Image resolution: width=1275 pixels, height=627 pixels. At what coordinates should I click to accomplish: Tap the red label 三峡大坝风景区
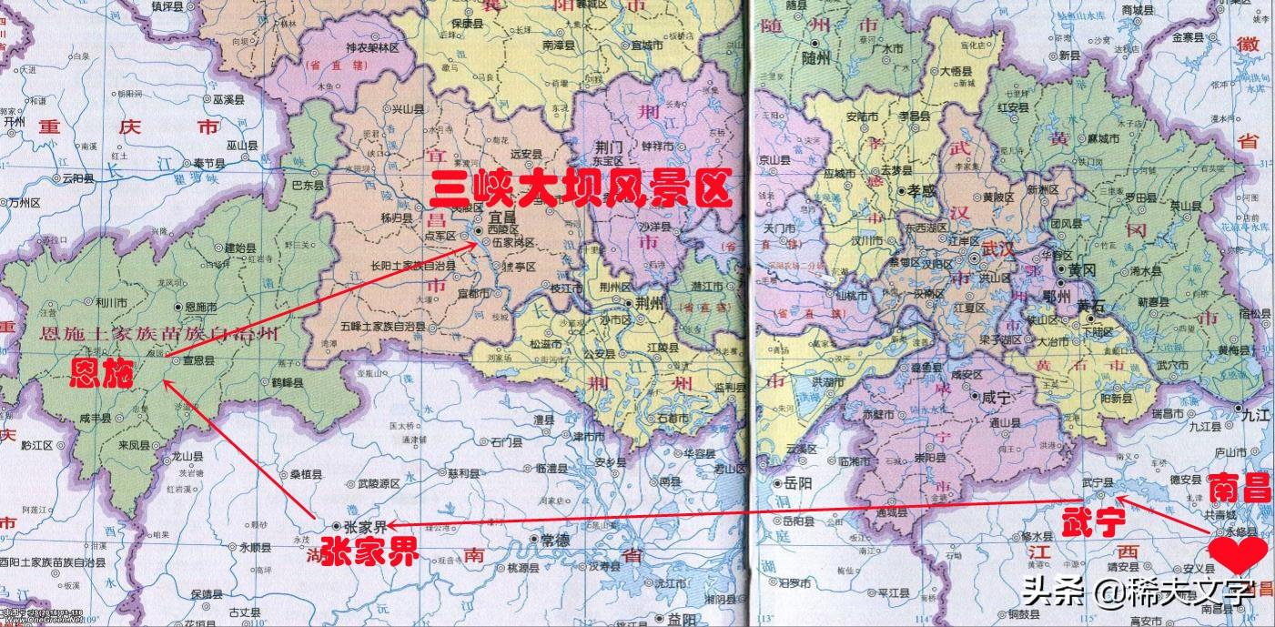click(581, 189)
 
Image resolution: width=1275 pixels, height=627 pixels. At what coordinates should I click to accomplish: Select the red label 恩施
click(103, 373)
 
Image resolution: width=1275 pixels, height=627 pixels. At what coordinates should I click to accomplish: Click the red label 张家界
click(364, 551)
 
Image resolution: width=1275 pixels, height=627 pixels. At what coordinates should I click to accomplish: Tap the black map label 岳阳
click(799, 485)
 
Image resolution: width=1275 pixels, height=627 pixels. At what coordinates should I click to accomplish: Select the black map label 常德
click(554, 540)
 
